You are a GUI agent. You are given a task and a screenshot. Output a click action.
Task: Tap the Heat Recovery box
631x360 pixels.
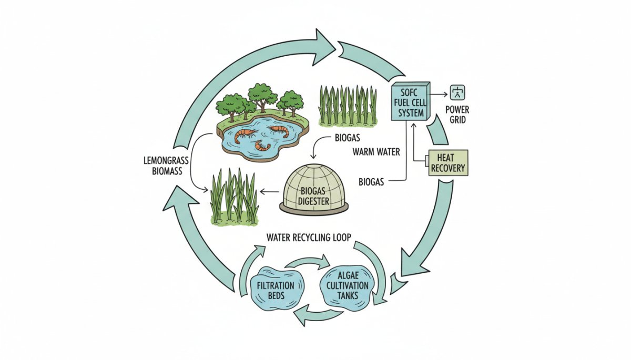click(x=447, y=162)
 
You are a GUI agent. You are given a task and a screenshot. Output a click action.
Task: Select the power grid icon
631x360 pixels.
click(x=459, y=94)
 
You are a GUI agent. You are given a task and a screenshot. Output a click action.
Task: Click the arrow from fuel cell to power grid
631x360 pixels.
click(x=439, y=95)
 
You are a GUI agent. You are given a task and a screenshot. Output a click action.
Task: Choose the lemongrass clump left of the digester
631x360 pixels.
click(x=234, y=197)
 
